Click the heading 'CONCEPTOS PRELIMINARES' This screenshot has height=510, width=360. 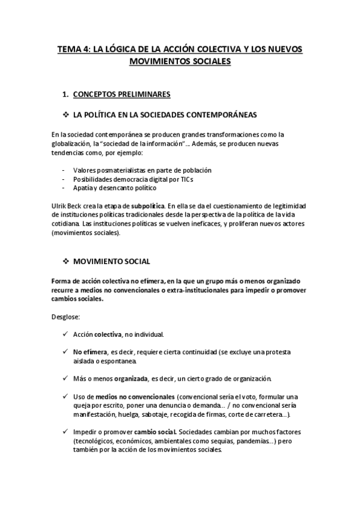(121, 94)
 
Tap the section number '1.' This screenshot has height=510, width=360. (66, 94)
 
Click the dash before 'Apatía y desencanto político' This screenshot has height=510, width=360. (63, 188)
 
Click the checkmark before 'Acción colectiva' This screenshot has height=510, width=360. (64, 333)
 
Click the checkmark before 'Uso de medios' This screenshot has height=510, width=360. (64, 396)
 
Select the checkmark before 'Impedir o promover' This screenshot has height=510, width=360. (64, 432)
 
